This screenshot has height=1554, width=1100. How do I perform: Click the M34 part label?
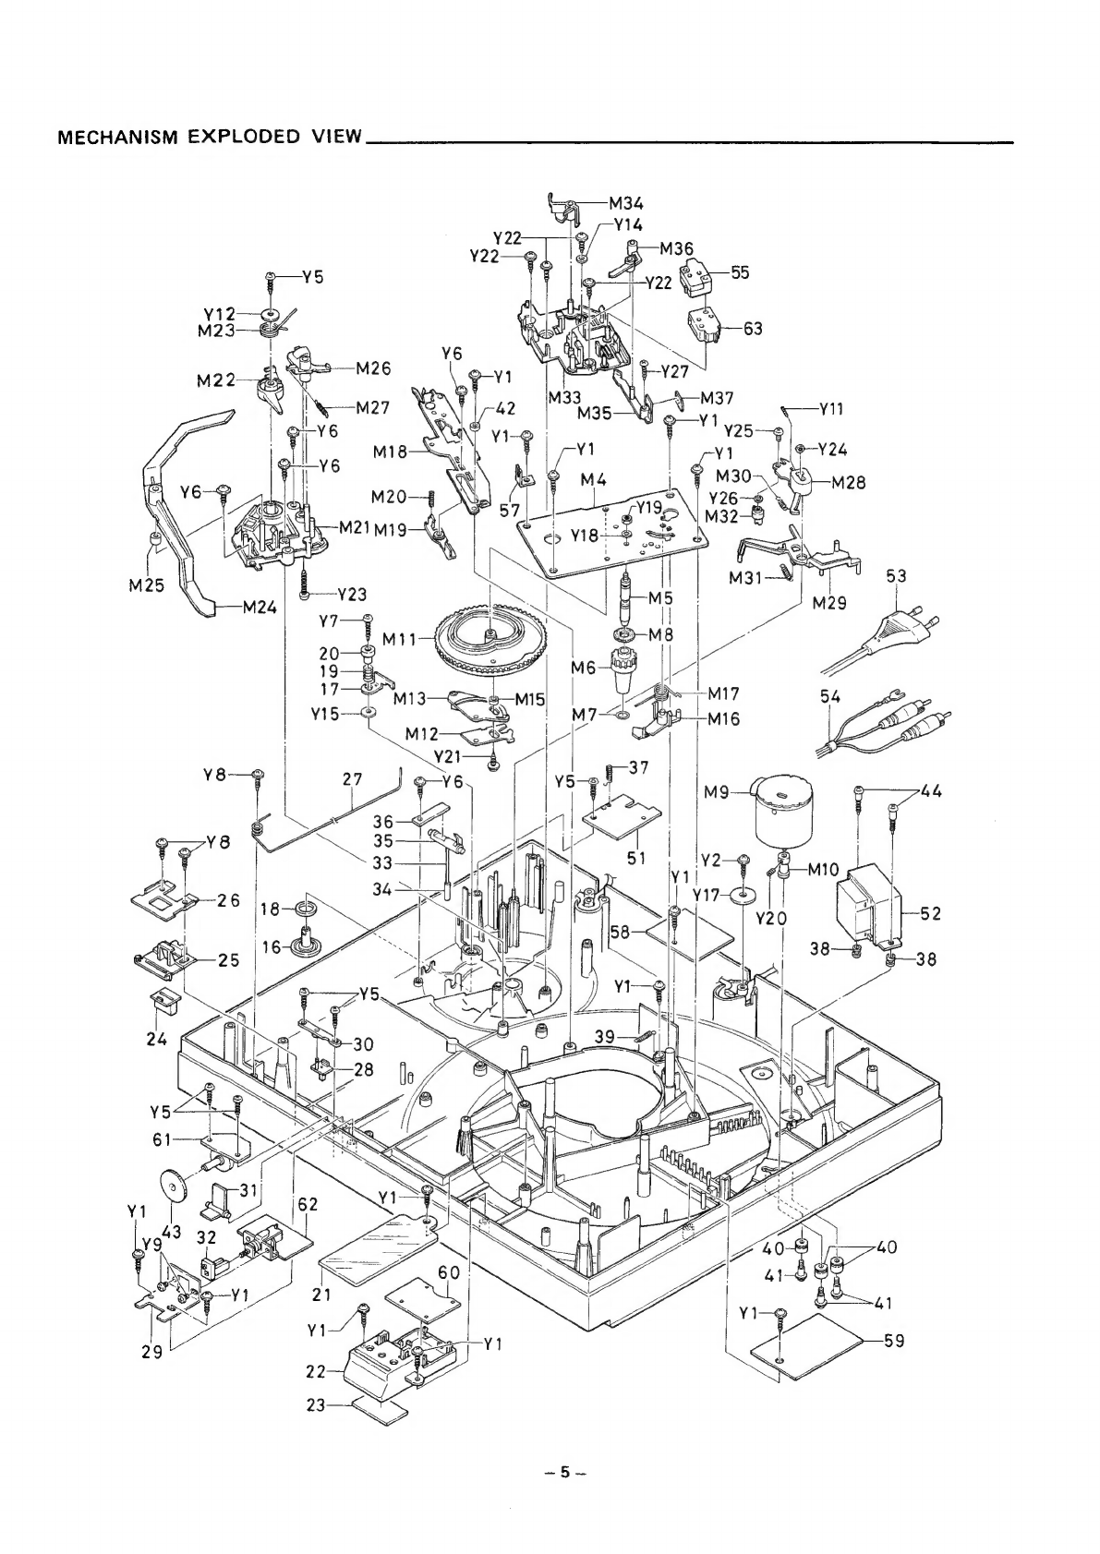(x=626, y=203)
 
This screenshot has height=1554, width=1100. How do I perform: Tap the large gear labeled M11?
(x=490, y=644)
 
